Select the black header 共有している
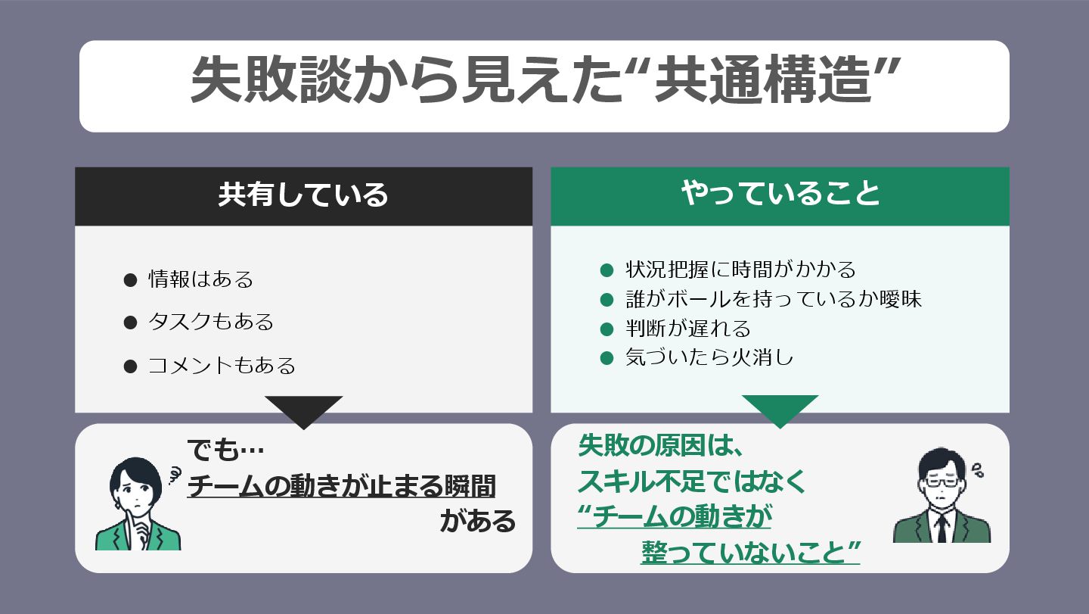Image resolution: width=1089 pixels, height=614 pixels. (303, 195)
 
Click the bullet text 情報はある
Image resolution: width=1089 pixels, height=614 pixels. (200, 279)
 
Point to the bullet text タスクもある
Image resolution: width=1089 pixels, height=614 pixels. (210, 323)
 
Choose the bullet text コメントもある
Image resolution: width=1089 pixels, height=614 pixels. (221, 366)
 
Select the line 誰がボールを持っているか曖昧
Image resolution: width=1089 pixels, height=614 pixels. (773, 299)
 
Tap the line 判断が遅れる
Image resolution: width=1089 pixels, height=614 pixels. (687, 329)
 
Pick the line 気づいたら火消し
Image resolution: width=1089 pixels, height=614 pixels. (709, 357)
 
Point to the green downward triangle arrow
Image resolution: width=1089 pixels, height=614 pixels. (780, 410)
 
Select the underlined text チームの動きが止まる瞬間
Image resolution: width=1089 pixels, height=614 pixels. (341, 486)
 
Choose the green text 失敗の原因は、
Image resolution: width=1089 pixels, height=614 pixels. (662, 447)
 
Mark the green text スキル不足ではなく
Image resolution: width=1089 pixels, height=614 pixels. (693, 482)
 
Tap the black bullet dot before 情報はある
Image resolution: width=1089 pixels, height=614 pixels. (130, 280)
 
